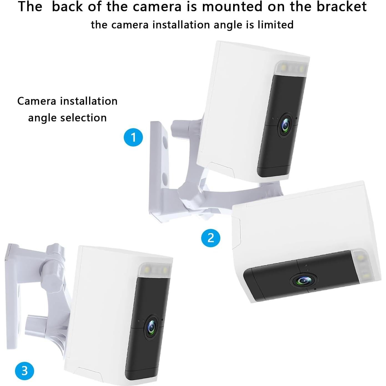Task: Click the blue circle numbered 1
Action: pos(133,137)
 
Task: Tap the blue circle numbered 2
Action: pos(211,238)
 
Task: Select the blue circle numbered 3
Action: pos(24,370)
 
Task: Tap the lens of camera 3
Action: pos(151,327)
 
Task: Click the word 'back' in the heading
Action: pos(67,7)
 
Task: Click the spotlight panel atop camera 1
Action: pos(291,68)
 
